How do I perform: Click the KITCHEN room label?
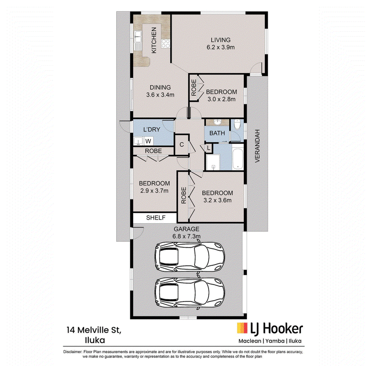point(154,40)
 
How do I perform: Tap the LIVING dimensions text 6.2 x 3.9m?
point(221,47)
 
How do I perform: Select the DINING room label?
point(160,87)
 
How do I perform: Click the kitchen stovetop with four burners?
point(166,43)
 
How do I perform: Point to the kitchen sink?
point(138,37)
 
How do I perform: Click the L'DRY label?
point(152,129)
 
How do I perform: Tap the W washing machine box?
point(148,141)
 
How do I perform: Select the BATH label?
point(217,133)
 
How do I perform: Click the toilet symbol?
point(237,124)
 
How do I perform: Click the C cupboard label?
point(182,145)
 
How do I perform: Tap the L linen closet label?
point(209,148)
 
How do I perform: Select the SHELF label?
point(156,218)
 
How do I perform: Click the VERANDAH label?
point(257,146)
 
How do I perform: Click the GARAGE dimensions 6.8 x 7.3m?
point(187,236)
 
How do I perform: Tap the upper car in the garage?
point(189,257)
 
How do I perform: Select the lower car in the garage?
point(189,292)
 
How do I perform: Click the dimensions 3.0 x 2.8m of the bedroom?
point(221,99)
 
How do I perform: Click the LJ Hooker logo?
point(270,328)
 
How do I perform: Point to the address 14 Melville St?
point(94,330)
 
